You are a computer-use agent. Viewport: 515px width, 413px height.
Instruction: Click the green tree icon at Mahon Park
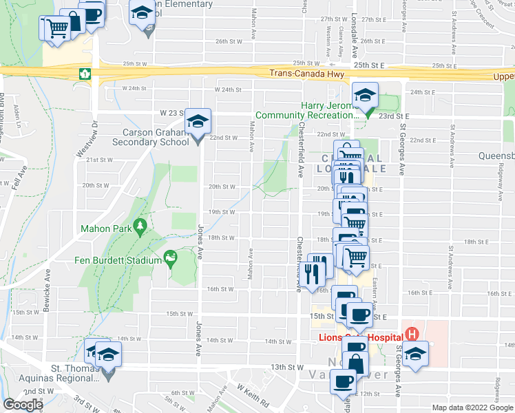pyautogui.click(x=140, y=226)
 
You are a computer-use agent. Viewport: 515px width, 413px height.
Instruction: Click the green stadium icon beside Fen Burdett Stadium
pyautogui.click(x=169, y=259)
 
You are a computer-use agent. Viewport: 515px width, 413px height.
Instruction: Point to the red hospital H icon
pyautogui.click(x=412, y=335)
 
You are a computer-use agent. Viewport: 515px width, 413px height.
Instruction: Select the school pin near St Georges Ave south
pyautogui.click(x=414, y=354)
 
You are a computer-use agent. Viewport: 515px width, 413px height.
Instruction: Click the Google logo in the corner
pyautogui.click(x=23, y=405)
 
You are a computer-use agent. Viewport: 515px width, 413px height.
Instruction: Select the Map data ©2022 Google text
pyautogui.click(x=472, y=407)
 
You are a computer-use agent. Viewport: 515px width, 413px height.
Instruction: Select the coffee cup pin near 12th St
pyautogui.click(x=344, y=381)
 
